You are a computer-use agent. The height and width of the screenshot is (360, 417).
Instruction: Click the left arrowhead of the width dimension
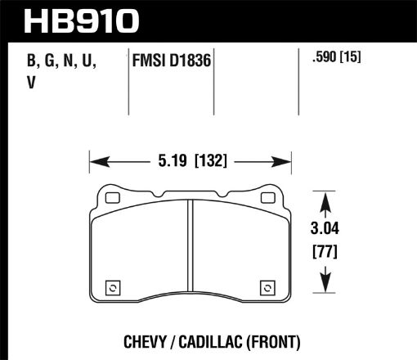(x=93, y=160)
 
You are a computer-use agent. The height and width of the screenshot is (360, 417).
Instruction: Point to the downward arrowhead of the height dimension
(x=327, y=288)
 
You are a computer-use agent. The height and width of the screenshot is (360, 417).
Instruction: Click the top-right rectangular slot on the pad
(x=266, y=198)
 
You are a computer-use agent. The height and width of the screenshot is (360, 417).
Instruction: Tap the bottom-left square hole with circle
(x=113, y=287)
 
